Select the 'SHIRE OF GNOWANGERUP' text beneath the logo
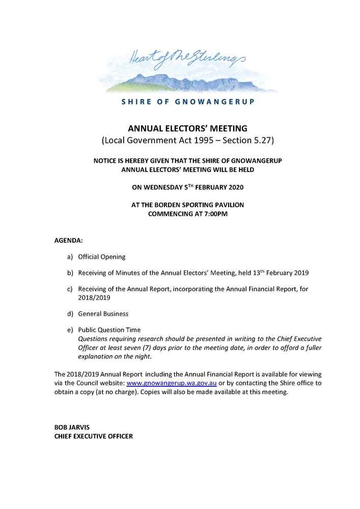[x=188, y=102]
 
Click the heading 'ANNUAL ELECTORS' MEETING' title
[x=187, y=128]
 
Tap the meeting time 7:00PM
[x=214, y=214]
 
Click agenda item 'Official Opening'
[x=101, y=257]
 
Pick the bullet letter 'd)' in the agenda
[x=70, y=314]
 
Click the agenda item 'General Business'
[x=103, y=314]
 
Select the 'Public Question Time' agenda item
[x=109, y=330]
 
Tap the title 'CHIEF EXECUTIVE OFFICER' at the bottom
[x=94, y=436]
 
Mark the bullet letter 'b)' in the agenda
[x=70, y=273]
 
